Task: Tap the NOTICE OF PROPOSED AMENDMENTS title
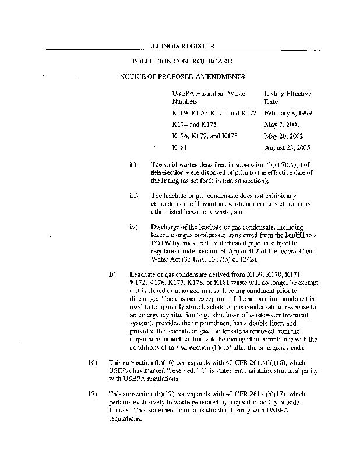click(182, 76)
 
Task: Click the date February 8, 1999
click(288, 113)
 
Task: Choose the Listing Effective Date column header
click(288, 97)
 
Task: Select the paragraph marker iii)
click(133, 196)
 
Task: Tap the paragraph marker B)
click(113, 273)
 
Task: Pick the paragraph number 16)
click(92, 363)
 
